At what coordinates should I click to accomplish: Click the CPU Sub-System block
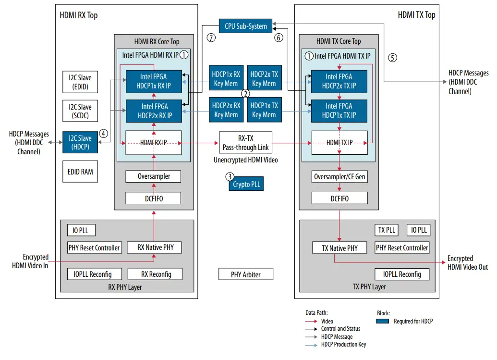245,26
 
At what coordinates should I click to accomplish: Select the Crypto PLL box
246,184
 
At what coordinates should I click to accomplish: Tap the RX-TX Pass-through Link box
245,143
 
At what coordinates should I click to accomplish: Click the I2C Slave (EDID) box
80,82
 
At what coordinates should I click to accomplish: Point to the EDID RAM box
80,172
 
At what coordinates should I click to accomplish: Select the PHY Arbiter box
245,274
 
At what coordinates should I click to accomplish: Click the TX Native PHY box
339,248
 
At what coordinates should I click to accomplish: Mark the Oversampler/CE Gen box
339,177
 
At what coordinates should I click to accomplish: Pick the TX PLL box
387,230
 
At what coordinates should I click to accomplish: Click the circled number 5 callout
393,58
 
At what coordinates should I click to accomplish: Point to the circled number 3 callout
230,177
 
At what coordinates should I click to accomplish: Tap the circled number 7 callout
211,38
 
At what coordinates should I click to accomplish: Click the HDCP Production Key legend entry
343,344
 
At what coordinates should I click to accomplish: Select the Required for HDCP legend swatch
383,321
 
